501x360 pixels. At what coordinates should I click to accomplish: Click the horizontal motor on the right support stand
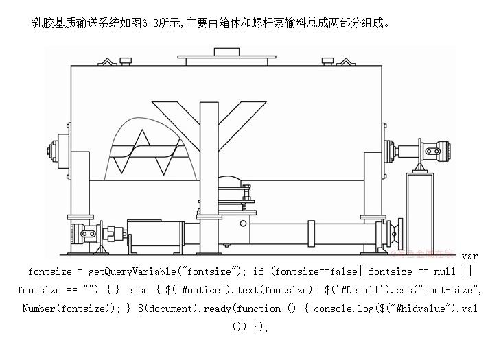coord(432,149)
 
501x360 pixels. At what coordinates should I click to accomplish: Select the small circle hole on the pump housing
coord(243,224)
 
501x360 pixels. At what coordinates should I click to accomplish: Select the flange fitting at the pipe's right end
coord(393,232)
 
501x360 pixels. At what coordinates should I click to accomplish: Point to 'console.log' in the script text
coord(340,309)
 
